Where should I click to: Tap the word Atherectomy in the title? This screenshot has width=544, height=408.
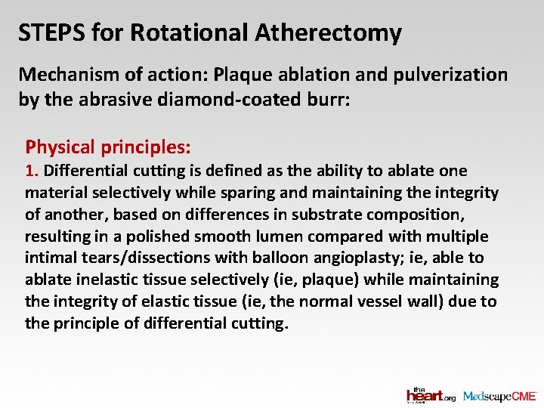[x=328, y=33]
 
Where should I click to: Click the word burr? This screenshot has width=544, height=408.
[x=329, y=99]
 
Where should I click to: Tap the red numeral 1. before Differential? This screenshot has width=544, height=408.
[x=31, y=171]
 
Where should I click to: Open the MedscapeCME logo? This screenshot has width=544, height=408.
[x=499, y=395]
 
